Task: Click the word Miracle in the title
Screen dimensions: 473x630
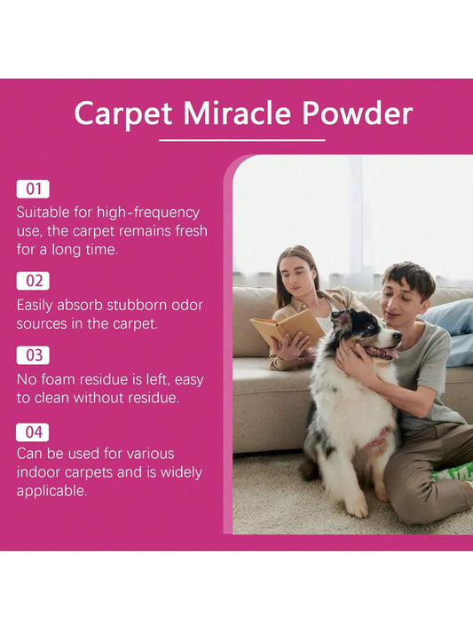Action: (237, 113)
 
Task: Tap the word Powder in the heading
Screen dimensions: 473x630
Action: (358, 113)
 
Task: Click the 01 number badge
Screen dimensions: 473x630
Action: (33, 189)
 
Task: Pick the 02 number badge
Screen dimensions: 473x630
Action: (33, 281)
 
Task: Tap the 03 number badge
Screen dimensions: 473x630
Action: (33, 355)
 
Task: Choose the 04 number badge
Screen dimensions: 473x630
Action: (33, 432)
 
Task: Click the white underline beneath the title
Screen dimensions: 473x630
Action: (242, 140)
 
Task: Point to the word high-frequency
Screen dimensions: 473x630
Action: (148, 213)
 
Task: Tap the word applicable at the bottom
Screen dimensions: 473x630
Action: (52, 492)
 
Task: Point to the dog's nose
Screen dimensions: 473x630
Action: (398, 335)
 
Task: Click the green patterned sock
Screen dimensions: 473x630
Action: (453, 471)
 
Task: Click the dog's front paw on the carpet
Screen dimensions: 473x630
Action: (358, 509)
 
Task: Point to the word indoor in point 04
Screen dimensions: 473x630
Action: (39, 472)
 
